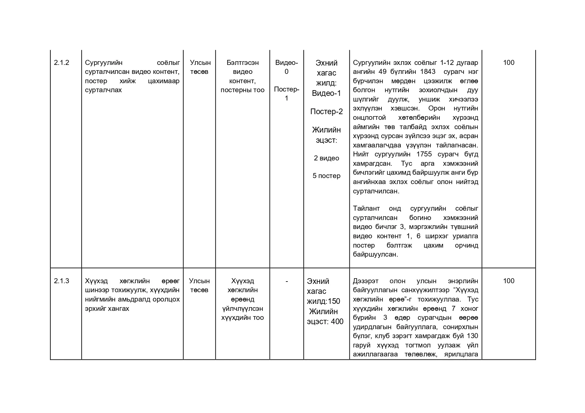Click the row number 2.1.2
pos(61,63)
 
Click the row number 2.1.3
pos(61,281)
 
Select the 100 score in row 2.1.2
pos(508,63)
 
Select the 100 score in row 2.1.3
pos(508,281)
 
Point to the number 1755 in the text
pos(424,154)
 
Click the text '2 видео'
pos(326,158)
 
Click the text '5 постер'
pos(326,176)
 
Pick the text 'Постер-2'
pos(326,112)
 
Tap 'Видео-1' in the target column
pos(326,94)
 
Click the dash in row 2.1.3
pos(286,281)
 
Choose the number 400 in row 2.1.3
pos(337,322)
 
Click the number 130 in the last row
pos(472,336)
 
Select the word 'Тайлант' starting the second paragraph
pos(366,209)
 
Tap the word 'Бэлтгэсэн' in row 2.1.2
pos(242,63)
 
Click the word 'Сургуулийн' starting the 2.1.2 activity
pos(104,63)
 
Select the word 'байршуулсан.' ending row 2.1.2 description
pos(375,255)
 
